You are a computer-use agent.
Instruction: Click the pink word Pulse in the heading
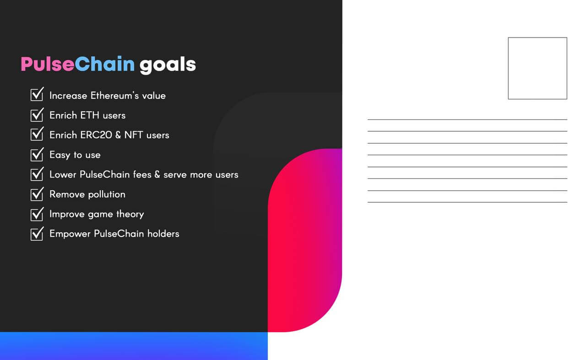(x=48, y=64)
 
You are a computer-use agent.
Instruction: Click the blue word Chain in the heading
(x=105, y=64)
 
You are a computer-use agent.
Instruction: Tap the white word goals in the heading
(x=168, y=65)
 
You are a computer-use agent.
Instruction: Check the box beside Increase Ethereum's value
(x=37, y=94)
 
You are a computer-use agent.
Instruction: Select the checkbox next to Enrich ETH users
(x=37, y=114)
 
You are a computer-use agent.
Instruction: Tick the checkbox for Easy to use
(x=37, y=154)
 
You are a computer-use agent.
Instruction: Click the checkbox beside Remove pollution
(x=37, y=194)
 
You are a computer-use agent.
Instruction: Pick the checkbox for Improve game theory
(x=37, y=214)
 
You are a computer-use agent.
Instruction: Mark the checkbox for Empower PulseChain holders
(x=37, y=233)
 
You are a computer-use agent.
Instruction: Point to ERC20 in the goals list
(x=96, y=135)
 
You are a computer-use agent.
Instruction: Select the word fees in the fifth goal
(x=142, y=174)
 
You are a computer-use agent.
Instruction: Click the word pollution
(x=107, y=194)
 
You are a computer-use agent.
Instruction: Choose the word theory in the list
(x=130, y=215)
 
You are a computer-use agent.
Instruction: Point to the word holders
(x=163, y=234)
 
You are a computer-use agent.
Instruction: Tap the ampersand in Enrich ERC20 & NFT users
(x=118, y=135)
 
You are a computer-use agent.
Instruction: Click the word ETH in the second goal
(x=89, y=115)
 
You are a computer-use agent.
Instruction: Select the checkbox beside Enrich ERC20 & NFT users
(x=37, y=134)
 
